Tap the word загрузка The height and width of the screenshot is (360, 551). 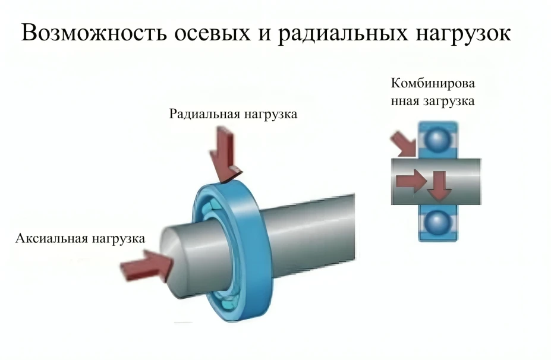pyautogui.click(x=448, y=101)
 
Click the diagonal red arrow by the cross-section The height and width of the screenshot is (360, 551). pyautogui.click(x=403, y=144)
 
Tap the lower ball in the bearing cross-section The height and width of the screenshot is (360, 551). pyautogui.click(x=439, y=223)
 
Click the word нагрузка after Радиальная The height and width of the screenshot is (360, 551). pyautogui.click(x=270, y=113)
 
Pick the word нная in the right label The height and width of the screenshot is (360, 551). pyautogui.click(x=403, y=101)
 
